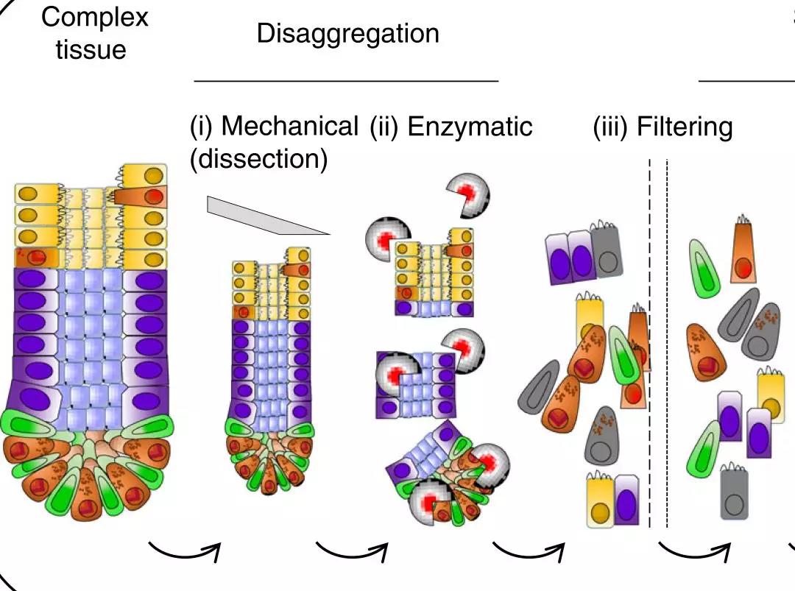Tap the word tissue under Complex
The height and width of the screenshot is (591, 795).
pos(91,50)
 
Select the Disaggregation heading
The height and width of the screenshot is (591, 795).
pos(347,33)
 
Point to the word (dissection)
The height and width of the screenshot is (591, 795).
pos(258,158)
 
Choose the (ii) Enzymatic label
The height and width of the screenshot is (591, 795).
pos(451,127)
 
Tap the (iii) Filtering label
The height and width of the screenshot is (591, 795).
pos(662,127)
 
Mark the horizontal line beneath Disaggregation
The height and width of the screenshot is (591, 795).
pos(346,79)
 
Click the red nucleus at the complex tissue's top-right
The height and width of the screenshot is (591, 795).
pos(153,197)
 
